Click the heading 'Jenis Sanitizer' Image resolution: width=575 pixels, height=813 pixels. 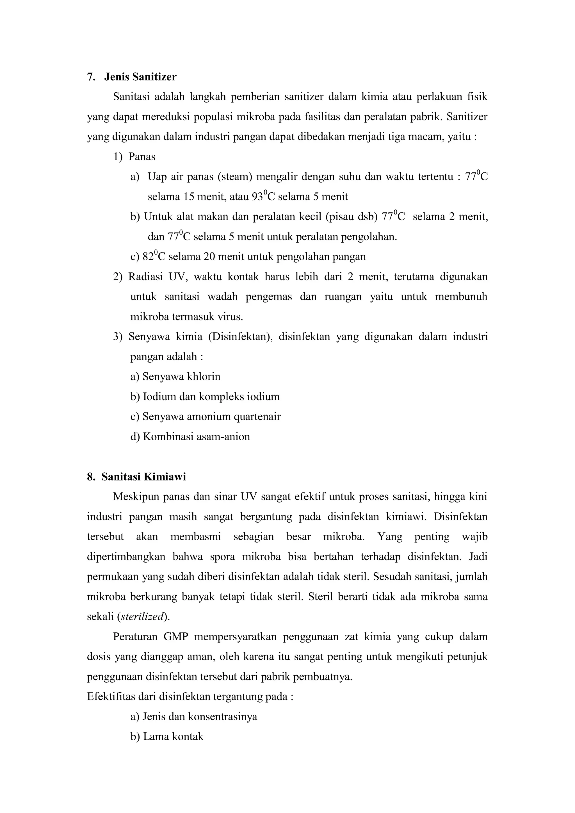coord(140,77)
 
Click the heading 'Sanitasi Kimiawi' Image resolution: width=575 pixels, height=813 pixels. coord(143,477)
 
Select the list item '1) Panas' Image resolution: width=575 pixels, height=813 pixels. coord(134,156)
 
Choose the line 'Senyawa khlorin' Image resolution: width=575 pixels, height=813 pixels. coord(175,376)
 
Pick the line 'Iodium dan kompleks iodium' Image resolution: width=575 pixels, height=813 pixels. coord(205,396)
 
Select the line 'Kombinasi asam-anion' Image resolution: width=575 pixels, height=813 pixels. coord(190,436)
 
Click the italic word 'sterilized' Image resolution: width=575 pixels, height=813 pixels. coord(142,616)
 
